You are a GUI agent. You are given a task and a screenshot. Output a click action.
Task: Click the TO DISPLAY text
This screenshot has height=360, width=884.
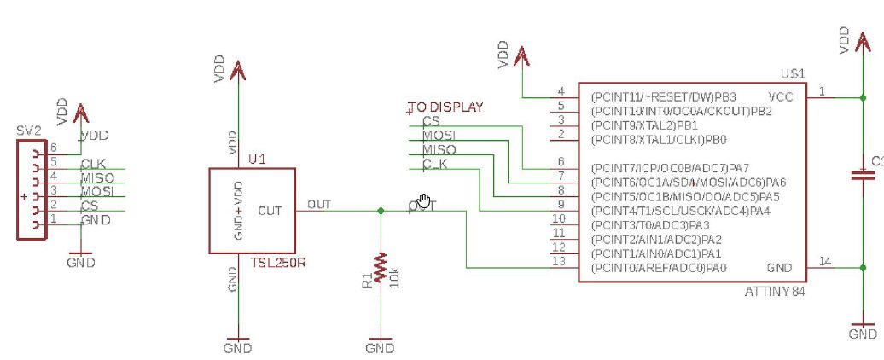pos(445,107)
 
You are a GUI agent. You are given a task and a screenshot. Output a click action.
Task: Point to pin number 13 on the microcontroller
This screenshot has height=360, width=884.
pos(559,262)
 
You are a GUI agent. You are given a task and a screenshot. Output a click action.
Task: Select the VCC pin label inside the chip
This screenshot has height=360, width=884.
pos(780,96)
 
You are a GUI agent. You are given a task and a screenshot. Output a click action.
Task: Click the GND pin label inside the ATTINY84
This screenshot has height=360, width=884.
pos(780,267)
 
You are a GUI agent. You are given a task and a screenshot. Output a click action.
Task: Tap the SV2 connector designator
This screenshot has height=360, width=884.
pos(28,131)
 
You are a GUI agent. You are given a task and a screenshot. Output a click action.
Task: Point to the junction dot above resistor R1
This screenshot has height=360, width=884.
pos(380,210)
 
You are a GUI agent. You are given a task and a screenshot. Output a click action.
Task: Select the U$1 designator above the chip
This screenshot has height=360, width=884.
pos(793,75)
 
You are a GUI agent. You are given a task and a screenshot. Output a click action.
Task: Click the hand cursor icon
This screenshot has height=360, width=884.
pos(424,203)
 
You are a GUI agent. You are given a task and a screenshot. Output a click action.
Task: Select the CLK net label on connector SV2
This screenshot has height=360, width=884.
pos(93,164)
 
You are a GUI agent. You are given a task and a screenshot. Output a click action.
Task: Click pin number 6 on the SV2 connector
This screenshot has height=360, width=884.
pos(53,148)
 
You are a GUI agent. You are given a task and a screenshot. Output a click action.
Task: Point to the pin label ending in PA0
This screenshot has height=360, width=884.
pos(658,268)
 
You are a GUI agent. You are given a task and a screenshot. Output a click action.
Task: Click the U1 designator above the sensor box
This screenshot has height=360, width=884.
pos(257,160)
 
